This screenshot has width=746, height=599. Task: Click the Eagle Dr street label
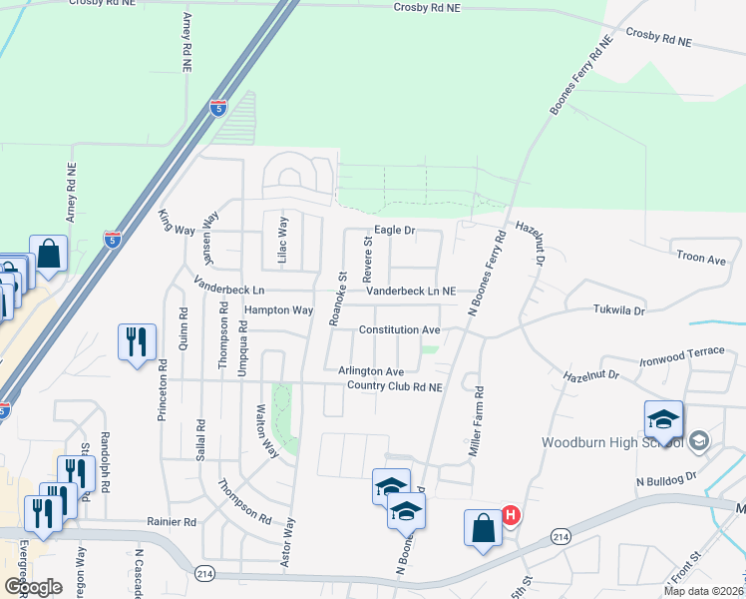[x=394, y=230]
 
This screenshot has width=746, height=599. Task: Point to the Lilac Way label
[x=282, y=241]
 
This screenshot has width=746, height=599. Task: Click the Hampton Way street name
[x=279, y=310]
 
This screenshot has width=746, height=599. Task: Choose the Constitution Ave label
[x=399, y=329]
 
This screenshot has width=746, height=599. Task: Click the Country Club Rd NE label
[x=389, y=386]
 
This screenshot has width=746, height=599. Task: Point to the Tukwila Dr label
[x=619, y=310]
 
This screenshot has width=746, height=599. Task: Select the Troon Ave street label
[x=701, y=259]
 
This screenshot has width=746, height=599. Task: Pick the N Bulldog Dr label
[x=665, y=479]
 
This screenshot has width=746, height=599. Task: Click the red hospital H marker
[x=510, y=515]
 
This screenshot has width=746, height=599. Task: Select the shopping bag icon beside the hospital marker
[x=483, y=525]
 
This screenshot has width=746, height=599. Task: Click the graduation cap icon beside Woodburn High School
[x=663, y=419]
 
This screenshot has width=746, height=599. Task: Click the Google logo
[x=33, y=587]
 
